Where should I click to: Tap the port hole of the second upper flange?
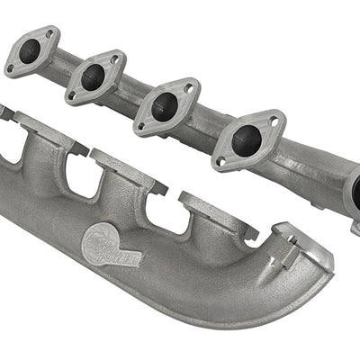[93, 76]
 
